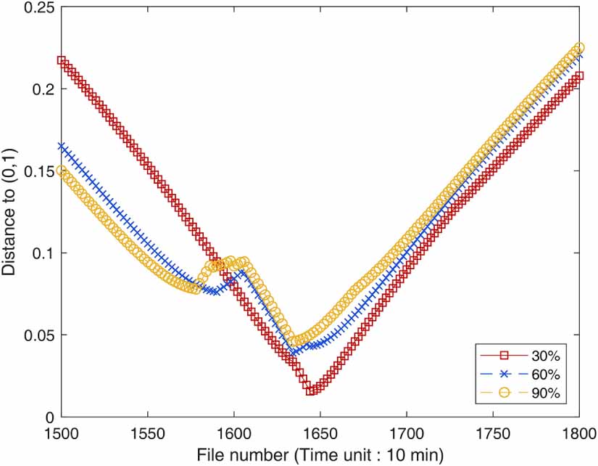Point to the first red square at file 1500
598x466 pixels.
point(62,61)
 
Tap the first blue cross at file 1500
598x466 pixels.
point(62,146)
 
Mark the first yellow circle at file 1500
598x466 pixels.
point(62,171)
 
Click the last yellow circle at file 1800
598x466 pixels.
point(579,48)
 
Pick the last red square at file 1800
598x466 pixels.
point(579,75)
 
